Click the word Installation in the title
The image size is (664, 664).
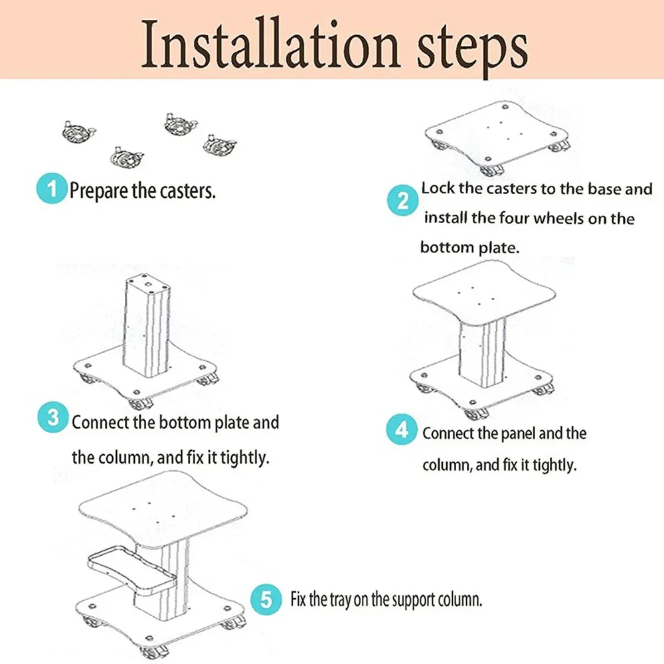click(270, 44)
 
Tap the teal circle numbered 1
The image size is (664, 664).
click(52, 188)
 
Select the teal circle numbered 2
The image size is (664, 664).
click(402, 201)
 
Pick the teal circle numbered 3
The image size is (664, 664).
click(53, 417)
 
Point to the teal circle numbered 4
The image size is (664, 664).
click(402, 430)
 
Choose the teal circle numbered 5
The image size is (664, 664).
click(266, 599)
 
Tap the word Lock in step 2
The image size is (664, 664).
click(438, 189)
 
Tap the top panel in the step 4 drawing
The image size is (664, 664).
click(483, 293)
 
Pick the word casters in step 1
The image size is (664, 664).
click(187, 191)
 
